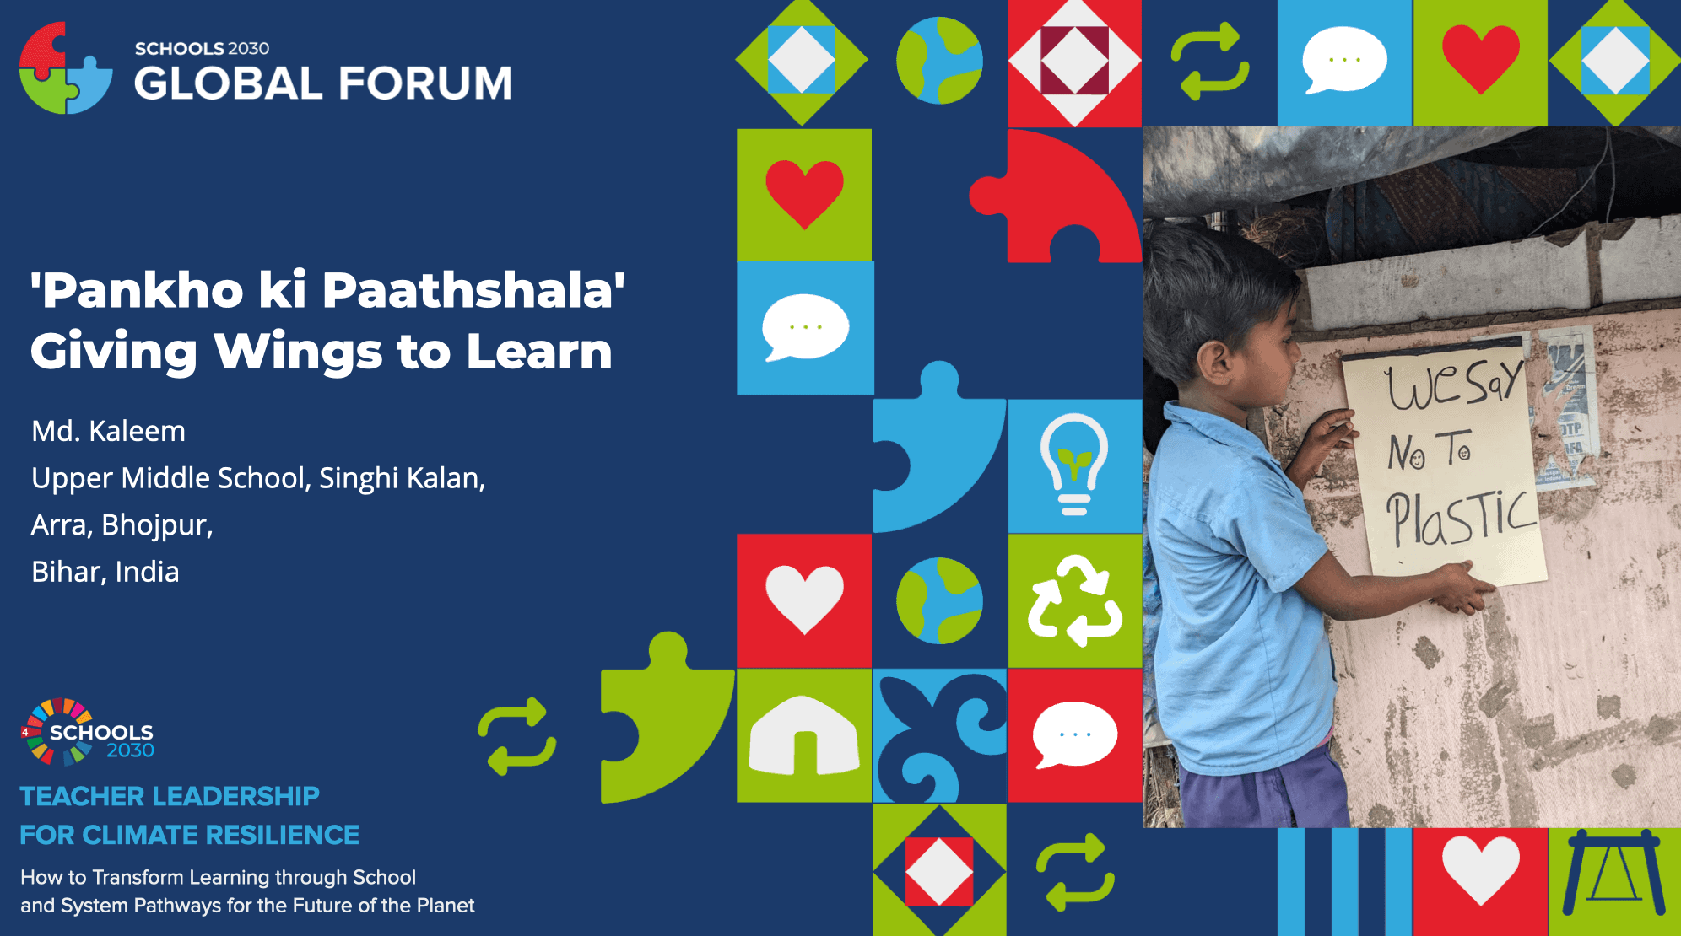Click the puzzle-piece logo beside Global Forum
[x=66, y=67]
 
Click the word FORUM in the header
[x=426, y=83]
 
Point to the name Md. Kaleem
[x=108, y=431]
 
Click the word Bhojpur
[x=157, y=525]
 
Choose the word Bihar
[x=68, y=572]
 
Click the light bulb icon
[x=1074, y=464]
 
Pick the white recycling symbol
[x=1075, y=600]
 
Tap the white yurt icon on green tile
[x=804, y=735]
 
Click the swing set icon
[x=1614, y=873]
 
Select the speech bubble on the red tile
[x=1075, y=734]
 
